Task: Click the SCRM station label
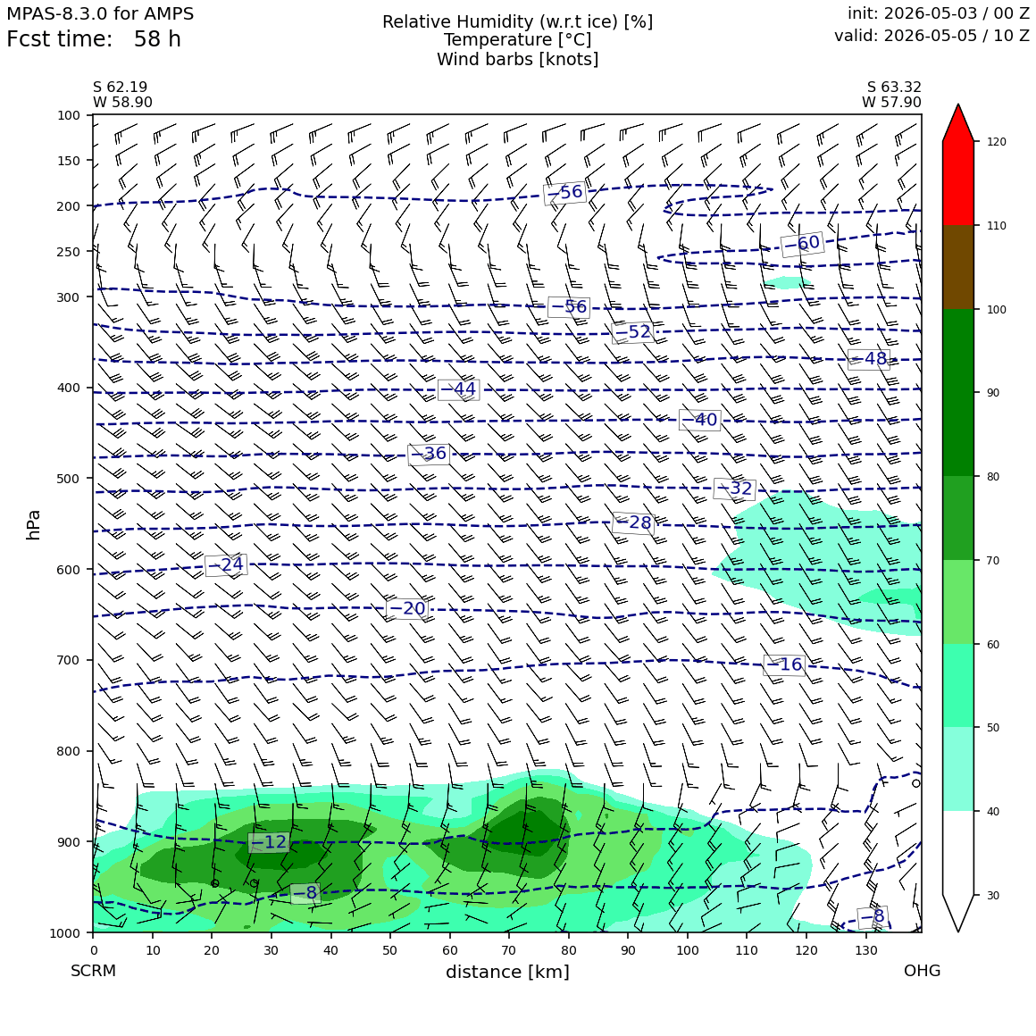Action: pyautogui.click(x=93, y=971)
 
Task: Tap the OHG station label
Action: pyautogui.click(x=922, y=971)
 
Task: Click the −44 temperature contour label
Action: pyautogui.click(x=458, y=389)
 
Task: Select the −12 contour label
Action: pyautogui.click(x=269, y=841)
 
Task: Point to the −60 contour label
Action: pyautogui.click(x=801, y=244)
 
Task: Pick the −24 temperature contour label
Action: pyautogui.click(x=226, y=565)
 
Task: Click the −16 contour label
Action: pyautogui.click(x=783, y=664)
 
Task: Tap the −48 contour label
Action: pyautogui.click(x=869, y=359)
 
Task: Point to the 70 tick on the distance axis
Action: pyautogui.click(x=509, y=950)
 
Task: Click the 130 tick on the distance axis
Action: pyautogui.click(x=866, y=950)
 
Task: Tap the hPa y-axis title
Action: pyautogui.click(x=33, y=525)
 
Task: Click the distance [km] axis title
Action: pyautogui.click(x=507, y=972)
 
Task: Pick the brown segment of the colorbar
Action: pyautogui.click(x=958, y=267)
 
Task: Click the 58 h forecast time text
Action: pyautogui.click(x=157, y=39)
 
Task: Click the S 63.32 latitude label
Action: pyautogui.click(x=894, y=88)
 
